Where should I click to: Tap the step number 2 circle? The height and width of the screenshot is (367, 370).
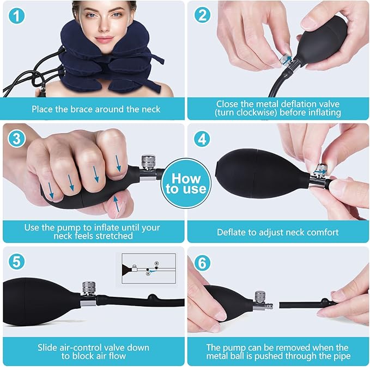(x=203, y=15)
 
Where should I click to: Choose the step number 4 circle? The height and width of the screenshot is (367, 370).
(x=203, y=139)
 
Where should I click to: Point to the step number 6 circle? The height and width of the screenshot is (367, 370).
(x=203, y=263)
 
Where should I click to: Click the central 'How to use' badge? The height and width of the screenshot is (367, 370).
(x=186, y=183)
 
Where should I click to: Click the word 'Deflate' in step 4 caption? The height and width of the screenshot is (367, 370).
(x=232, y=232)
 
